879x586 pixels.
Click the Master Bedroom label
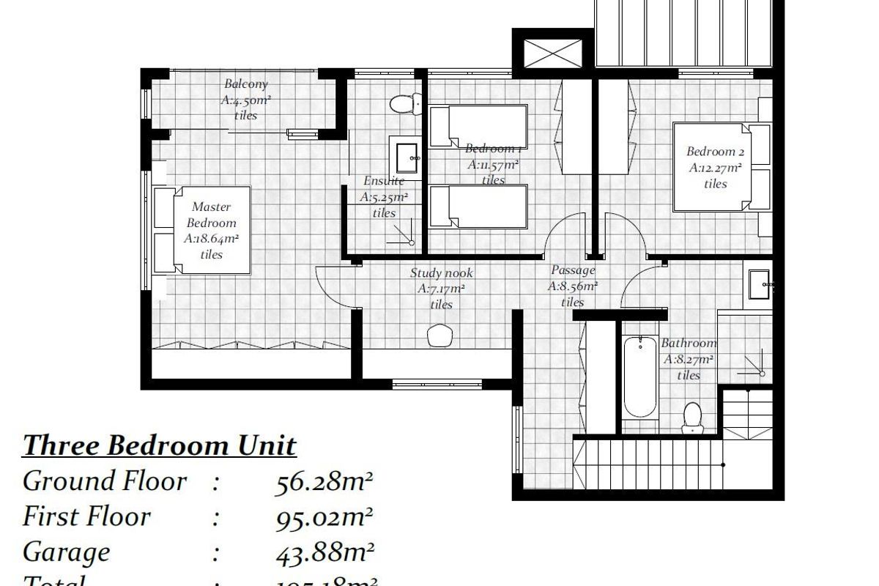[x=212, y=215]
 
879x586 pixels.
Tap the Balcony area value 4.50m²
[x=247, y=100]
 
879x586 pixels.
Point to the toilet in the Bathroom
[x=691, y=418]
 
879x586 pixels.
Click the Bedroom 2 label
[x=715, y=152]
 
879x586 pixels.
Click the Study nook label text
[x=441, y=273]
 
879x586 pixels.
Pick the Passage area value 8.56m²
[x=572, y=286]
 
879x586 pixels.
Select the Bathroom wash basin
[x=759, y=283]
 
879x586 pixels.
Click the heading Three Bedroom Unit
[x=160, y=445]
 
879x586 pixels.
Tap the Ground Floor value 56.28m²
[x=324, y=482]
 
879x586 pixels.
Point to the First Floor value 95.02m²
[x=324, y=517]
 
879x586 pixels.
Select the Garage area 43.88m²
[x=324, y=552]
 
